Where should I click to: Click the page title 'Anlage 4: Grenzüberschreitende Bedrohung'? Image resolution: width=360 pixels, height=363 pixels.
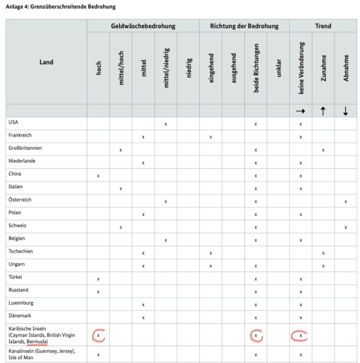[61, 7]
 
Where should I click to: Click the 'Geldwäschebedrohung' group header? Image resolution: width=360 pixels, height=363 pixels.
[143, 26]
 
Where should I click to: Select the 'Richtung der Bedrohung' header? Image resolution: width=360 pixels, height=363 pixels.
[244, 26]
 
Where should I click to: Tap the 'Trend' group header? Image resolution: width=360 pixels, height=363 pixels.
[323, 26]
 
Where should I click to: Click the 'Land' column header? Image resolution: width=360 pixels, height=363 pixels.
[46, 62]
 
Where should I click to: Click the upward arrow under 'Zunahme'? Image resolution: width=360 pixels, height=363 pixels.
[323, 111]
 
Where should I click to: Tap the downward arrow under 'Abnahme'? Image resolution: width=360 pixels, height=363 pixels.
[345, 111]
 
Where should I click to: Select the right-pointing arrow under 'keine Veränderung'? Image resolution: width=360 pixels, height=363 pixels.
[300, 111]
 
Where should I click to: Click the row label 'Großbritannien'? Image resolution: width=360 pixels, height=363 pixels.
[26, 148]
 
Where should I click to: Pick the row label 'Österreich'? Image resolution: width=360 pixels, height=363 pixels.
[20, 200]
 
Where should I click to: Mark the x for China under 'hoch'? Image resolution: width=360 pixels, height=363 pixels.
[98, 176]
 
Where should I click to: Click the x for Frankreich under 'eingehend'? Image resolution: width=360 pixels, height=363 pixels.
[211, 137]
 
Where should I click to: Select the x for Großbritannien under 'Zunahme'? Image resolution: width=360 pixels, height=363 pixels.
[323, 150]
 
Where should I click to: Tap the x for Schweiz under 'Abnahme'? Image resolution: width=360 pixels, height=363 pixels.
[345, 228]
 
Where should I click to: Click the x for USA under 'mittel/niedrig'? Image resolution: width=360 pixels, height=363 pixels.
[165, 124]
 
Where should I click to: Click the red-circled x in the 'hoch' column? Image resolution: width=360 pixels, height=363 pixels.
[98, 335]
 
